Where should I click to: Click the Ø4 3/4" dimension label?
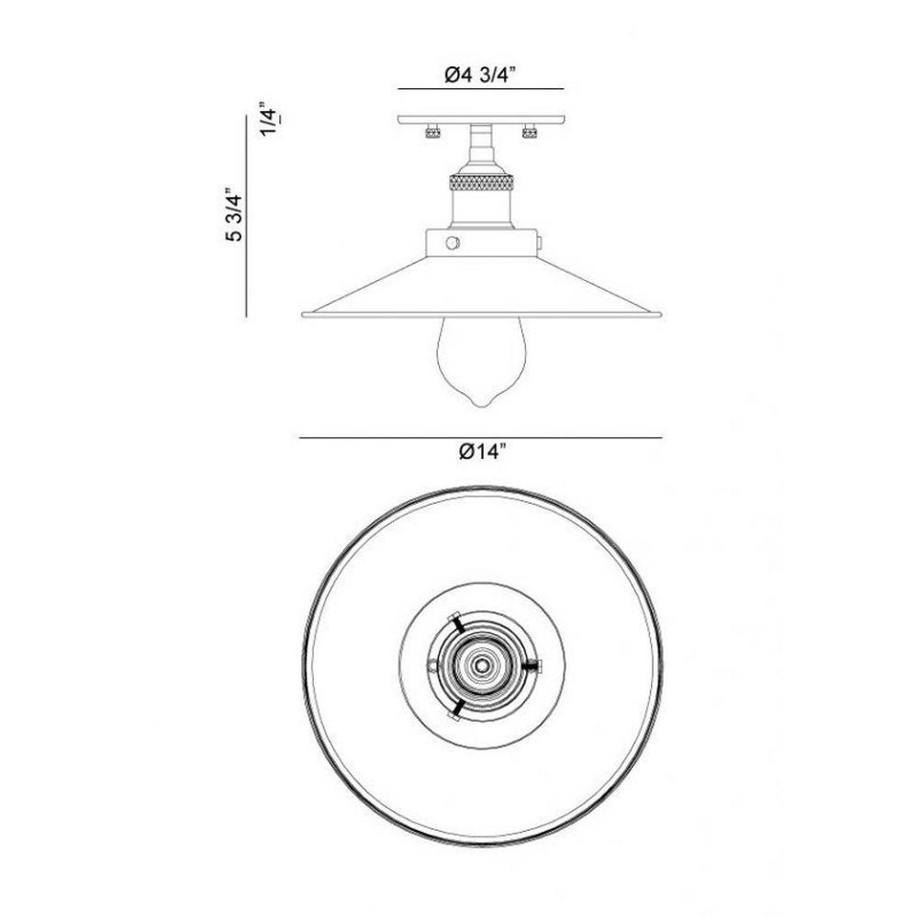pyautogui.click(x=479, y=75)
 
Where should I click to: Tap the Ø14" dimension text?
pyautogui.click(x=481, y=452)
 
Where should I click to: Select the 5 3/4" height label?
pyautogui.click(x=234, y=215)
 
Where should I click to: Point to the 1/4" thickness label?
pyautogui.click(x=270, y=118)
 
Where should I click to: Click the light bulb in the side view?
pyautogui.click(x=481, y=361)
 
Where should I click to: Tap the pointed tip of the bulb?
pyautogui.click(x=481, y=407)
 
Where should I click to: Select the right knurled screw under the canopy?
pyautogui.click(x=530, y=131)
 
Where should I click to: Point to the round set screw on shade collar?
pyautogui.click(x=453, y=242)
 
